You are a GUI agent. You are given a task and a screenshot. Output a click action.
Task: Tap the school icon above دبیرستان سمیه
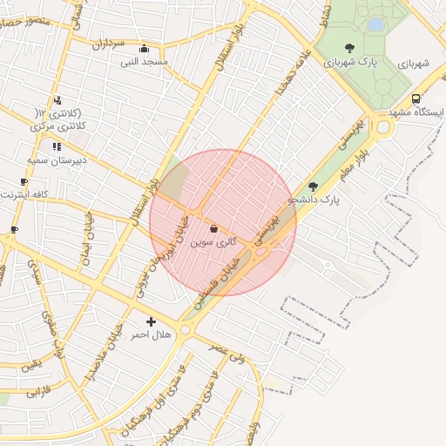(57, 146)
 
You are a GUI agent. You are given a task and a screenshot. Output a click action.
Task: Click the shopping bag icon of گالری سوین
(214, 228)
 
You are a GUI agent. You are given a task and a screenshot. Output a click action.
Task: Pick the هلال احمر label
(150, 334)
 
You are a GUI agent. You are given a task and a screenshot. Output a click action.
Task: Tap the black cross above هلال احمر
(152, 321)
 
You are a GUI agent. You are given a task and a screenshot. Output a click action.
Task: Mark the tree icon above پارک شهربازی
(349, 48)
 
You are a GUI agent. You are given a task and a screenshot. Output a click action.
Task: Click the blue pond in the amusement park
(375, 25)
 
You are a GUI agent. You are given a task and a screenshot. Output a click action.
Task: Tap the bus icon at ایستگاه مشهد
(416, 99)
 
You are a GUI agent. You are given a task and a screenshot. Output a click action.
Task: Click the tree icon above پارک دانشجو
(314, 186)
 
